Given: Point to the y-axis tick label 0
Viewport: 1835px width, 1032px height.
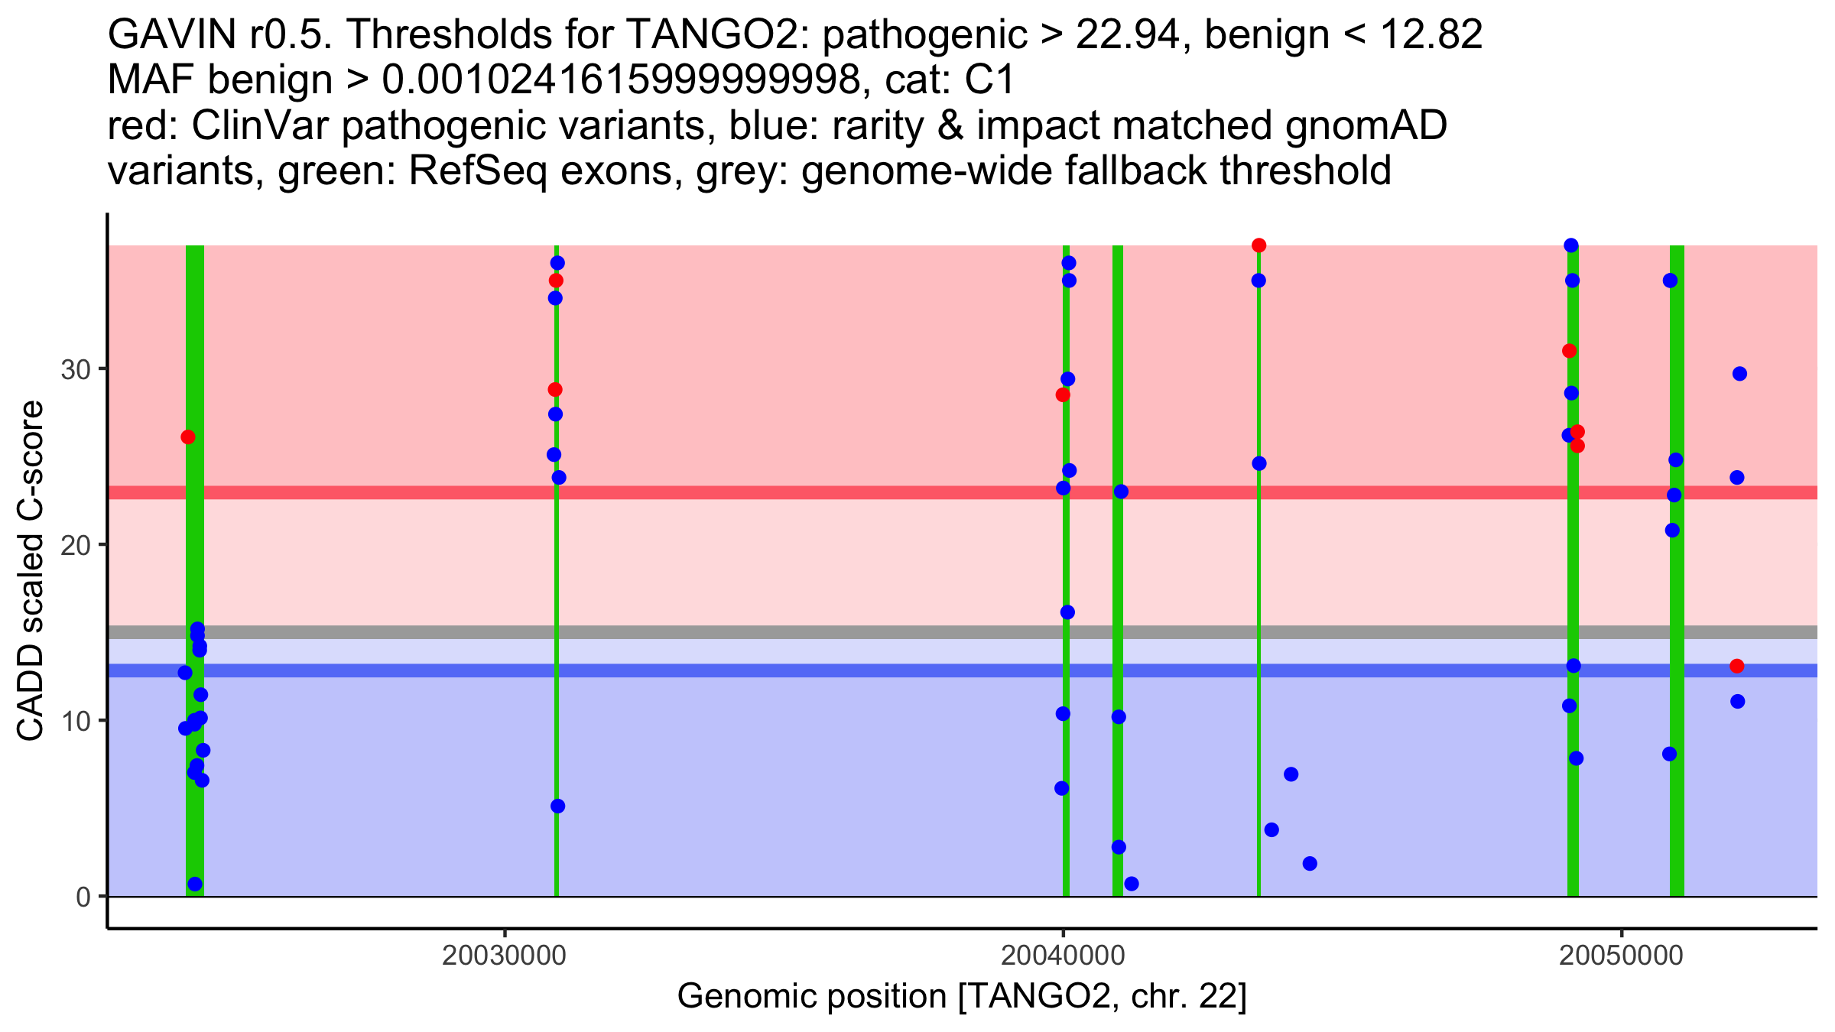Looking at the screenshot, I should pos(83,897).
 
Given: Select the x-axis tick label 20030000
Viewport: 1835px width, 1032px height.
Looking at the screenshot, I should pos(505,956).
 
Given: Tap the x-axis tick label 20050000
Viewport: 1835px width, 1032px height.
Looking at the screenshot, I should pos(1621,956).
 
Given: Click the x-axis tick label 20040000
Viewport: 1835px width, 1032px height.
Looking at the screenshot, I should pos(1063,956).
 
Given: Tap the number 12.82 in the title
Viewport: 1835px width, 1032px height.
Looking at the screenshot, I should pos(1428,35).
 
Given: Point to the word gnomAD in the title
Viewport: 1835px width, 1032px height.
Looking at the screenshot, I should pos(1366,125).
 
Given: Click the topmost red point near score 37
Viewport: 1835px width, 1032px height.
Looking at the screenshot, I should pos(1259,245).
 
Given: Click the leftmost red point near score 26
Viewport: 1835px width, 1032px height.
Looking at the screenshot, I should pos(188,437).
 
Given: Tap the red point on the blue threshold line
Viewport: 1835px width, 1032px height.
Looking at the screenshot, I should pos(1737,666).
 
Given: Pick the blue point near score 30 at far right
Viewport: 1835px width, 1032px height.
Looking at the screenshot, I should pos(1739,374).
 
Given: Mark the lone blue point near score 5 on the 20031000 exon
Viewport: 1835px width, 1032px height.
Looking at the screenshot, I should pos(557,806).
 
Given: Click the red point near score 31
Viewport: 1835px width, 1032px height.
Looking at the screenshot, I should pos(1570,351).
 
